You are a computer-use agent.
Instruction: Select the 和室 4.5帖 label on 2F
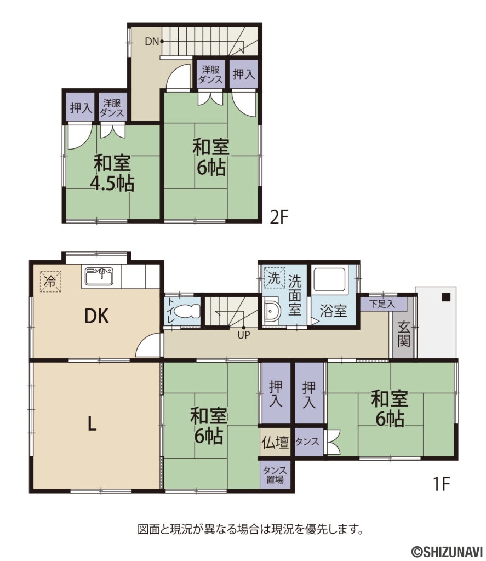[112, 173]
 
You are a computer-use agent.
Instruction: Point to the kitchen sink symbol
[99, 277]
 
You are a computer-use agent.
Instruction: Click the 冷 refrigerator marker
[50, 282]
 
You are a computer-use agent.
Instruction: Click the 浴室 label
[333, 311]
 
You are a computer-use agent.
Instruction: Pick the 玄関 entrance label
[404, 334]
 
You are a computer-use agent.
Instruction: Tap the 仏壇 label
[275, 442]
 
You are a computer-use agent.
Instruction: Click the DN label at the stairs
[151, 41]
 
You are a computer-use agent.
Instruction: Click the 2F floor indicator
[278, 217]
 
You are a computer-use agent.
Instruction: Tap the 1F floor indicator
[442, 484]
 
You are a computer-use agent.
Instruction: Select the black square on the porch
[446, 297]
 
